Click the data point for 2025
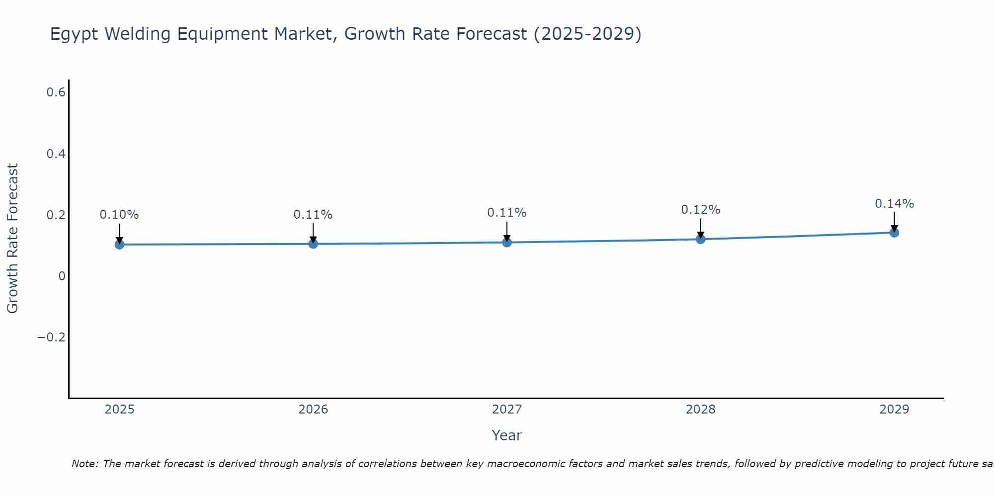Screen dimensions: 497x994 click(119, 245)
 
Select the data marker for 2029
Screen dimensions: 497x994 click(894, 233)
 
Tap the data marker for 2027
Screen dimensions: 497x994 click(507, 243)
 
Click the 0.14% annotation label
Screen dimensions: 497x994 click(894, 204)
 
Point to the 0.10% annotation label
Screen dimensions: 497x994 click(119, 215)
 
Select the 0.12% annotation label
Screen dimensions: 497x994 click(700, 210)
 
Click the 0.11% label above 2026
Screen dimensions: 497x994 click(313, 215)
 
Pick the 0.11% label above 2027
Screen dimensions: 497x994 click(507, 213)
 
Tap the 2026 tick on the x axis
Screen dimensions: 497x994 click(313, 410)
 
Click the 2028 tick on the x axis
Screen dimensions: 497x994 click(700, 410)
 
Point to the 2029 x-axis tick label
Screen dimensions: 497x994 click(894, 410)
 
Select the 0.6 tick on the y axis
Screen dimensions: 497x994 click(56, 92)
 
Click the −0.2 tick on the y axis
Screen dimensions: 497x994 click(52, 337)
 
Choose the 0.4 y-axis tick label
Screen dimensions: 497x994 click(56, 154)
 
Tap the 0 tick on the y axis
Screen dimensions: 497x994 click(62, 276)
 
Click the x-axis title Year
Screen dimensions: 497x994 click(506, 436)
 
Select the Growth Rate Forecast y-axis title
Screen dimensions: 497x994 click(12, 239)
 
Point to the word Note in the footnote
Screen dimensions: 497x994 click(85, 464)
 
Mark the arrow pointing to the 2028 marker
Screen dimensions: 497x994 click(700, 229)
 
